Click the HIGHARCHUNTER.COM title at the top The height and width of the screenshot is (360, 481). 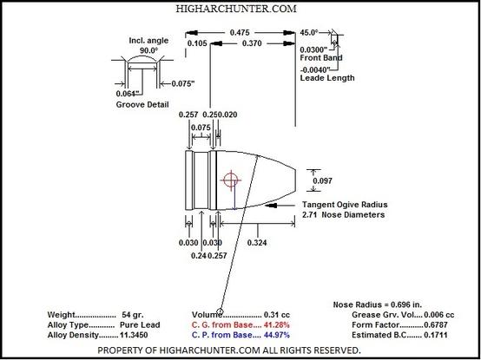click(x=236, y=9)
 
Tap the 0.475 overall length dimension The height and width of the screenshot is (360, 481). click(x=240, y=32)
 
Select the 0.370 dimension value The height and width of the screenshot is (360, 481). click(x=252, y=43)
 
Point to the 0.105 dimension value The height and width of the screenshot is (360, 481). click(x=197, y=43)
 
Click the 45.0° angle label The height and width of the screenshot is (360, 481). click(x=309, y=32)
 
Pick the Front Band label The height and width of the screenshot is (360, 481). click(x=321, y=57)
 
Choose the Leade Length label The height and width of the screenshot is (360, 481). click(x=327, y=78)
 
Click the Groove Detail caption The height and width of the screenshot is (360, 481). click(x=142, y=104)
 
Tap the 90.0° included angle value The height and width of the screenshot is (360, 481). click(x=148, y=50)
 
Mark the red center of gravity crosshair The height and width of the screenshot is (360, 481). click(x=231, y=180)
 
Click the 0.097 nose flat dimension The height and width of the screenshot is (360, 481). click(x=322, y=180)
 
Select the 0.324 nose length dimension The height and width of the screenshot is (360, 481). click(x=257, y=243)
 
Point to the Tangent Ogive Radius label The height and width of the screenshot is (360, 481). click(x=345, y=205)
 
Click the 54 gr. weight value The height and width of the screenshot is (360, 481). click(x=133, y=315)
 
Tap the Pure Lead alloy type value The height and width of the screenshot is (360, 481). click(x=140, y=324)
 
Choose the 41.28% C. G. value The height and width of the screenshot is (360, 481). click(x=277, y=324)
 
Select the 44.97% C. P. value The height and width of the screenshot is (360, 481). click(x=277, y=335)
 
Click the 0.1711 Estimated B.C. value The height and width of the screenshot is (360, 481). click(x=436, y=335)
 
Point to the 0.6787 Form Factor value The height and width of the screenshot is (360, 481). click(x=436, y=324)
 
